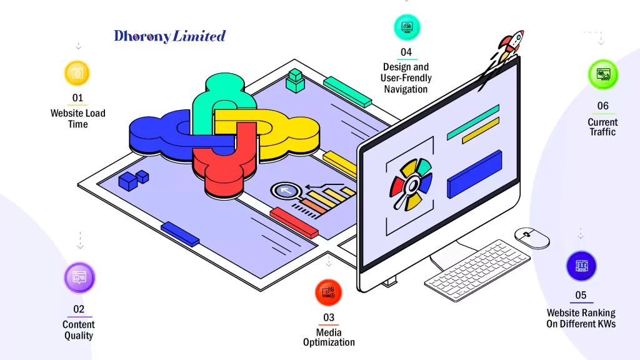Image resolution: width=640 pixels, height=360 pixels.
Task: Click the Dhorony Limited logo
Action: click(x=169, y=36)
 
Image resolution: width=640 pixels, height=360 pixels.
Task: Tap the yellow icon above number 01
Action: click(x=77, y=73)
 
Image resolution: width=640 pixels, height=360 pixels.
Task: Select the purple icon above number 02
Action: click(x=79, y=277)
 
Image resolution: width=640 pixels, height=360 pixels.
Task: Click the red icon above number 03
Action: click(x=329, y=292)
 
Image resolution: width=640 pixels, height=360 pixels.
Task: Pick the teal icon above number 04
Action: click(x=407, y=27)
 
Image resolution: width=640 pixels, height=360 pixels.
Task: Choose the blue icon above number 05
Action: click(x=581, y=266)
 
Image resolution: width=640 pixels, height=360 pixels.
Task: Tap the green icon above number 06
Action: click(x=602, y=74)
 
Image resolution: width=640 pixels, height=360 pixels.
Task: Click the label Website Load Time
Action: click(x=78, y=119)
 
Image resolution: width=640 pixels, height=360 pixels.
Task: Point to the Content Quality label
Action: click(x=79, y=330)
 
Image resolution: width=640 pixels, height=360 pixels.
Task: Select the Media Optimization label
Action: click(x=329, y=337)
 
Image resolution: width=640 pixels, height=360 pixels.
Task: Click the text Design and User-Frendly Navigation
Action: click(x=406, y=78)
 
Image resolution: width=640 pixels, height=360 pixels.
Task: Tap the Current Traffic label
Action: click(x=602, y=127)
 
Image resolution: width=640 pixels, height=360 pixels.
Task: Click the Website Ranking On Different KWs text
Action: click(x=581, y=318)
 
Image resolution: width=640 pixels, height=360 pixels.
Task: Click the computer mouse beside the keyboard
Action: click(x=532, y=237)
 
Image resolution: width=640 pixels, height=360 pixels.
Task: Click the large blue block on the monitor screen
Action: click(x=475, y=174)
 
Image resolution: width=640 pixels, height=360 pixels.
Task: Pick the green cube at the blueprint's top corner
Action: click(x=294, y=81)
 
